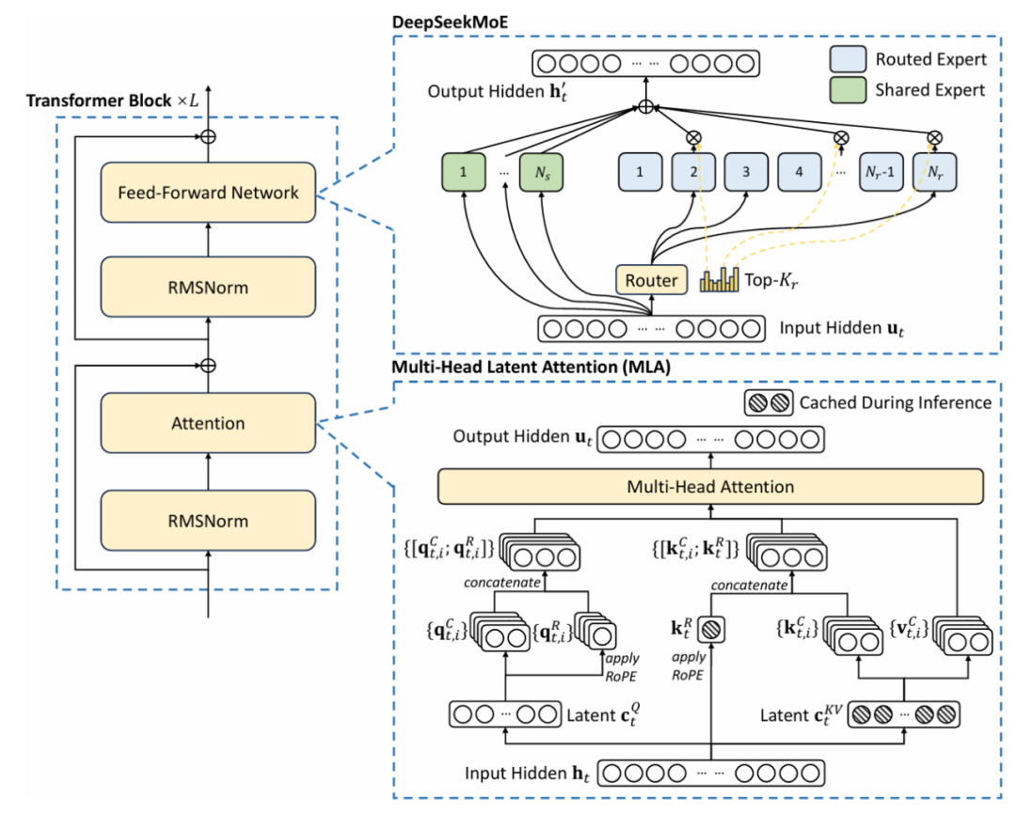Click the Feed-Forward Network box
[x=208, y=193]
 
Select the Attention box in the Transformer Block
[x=208, y=423]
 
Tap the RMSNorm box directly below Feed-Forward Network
[x=208, y=287]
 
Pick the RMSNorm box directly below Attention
[x=208, y=521]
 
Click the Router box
[x=651, y=280]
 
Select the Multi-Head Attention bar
[x=710, y=487]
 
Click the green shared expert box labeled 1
[x=463, y=172]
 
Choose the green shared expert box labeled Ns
[x=542, y=172]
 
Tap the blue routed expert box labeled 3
[x=746, y=172]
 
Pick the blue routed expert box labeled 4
[x=799, y=172]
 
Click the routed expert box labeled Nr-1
[x=881, y=172]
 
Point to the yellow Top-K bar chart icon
[x=720, y=280]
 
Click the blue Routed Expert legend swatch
[x=849, y=59]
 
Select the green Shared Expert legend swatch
[x=849, y=90]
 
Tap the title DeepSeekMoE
[x=451, y=22]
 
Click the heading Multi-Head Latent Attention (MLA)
[x=531, y=367]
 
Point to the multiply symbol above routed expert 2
[x=693, y=137]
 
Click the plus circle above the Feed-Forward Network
[x=208, y=136]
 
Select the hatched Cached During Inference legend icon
[x=768, y=402]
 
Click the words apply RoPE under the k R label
[x=688, y=666]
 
